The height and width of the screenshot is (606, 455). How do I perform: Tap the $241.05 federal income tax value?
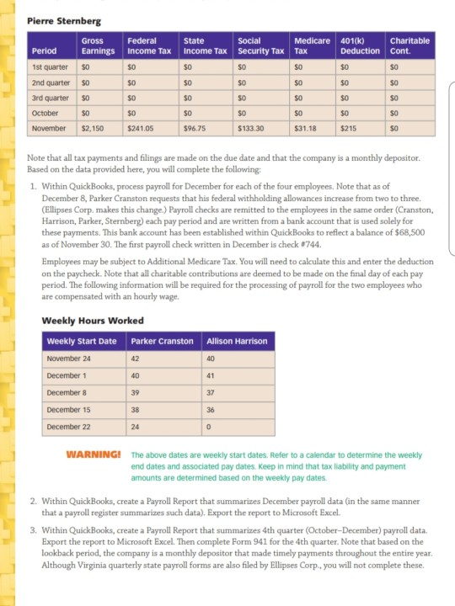(141, 130)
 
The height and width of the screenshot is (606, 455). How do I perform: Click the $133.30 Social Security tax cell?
(251, 130)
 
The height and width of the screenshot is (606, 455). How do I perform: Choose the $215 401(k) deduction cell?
(347, 130)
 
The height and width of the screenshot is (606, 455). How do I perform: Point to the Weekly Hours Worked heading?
(93, 321)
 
